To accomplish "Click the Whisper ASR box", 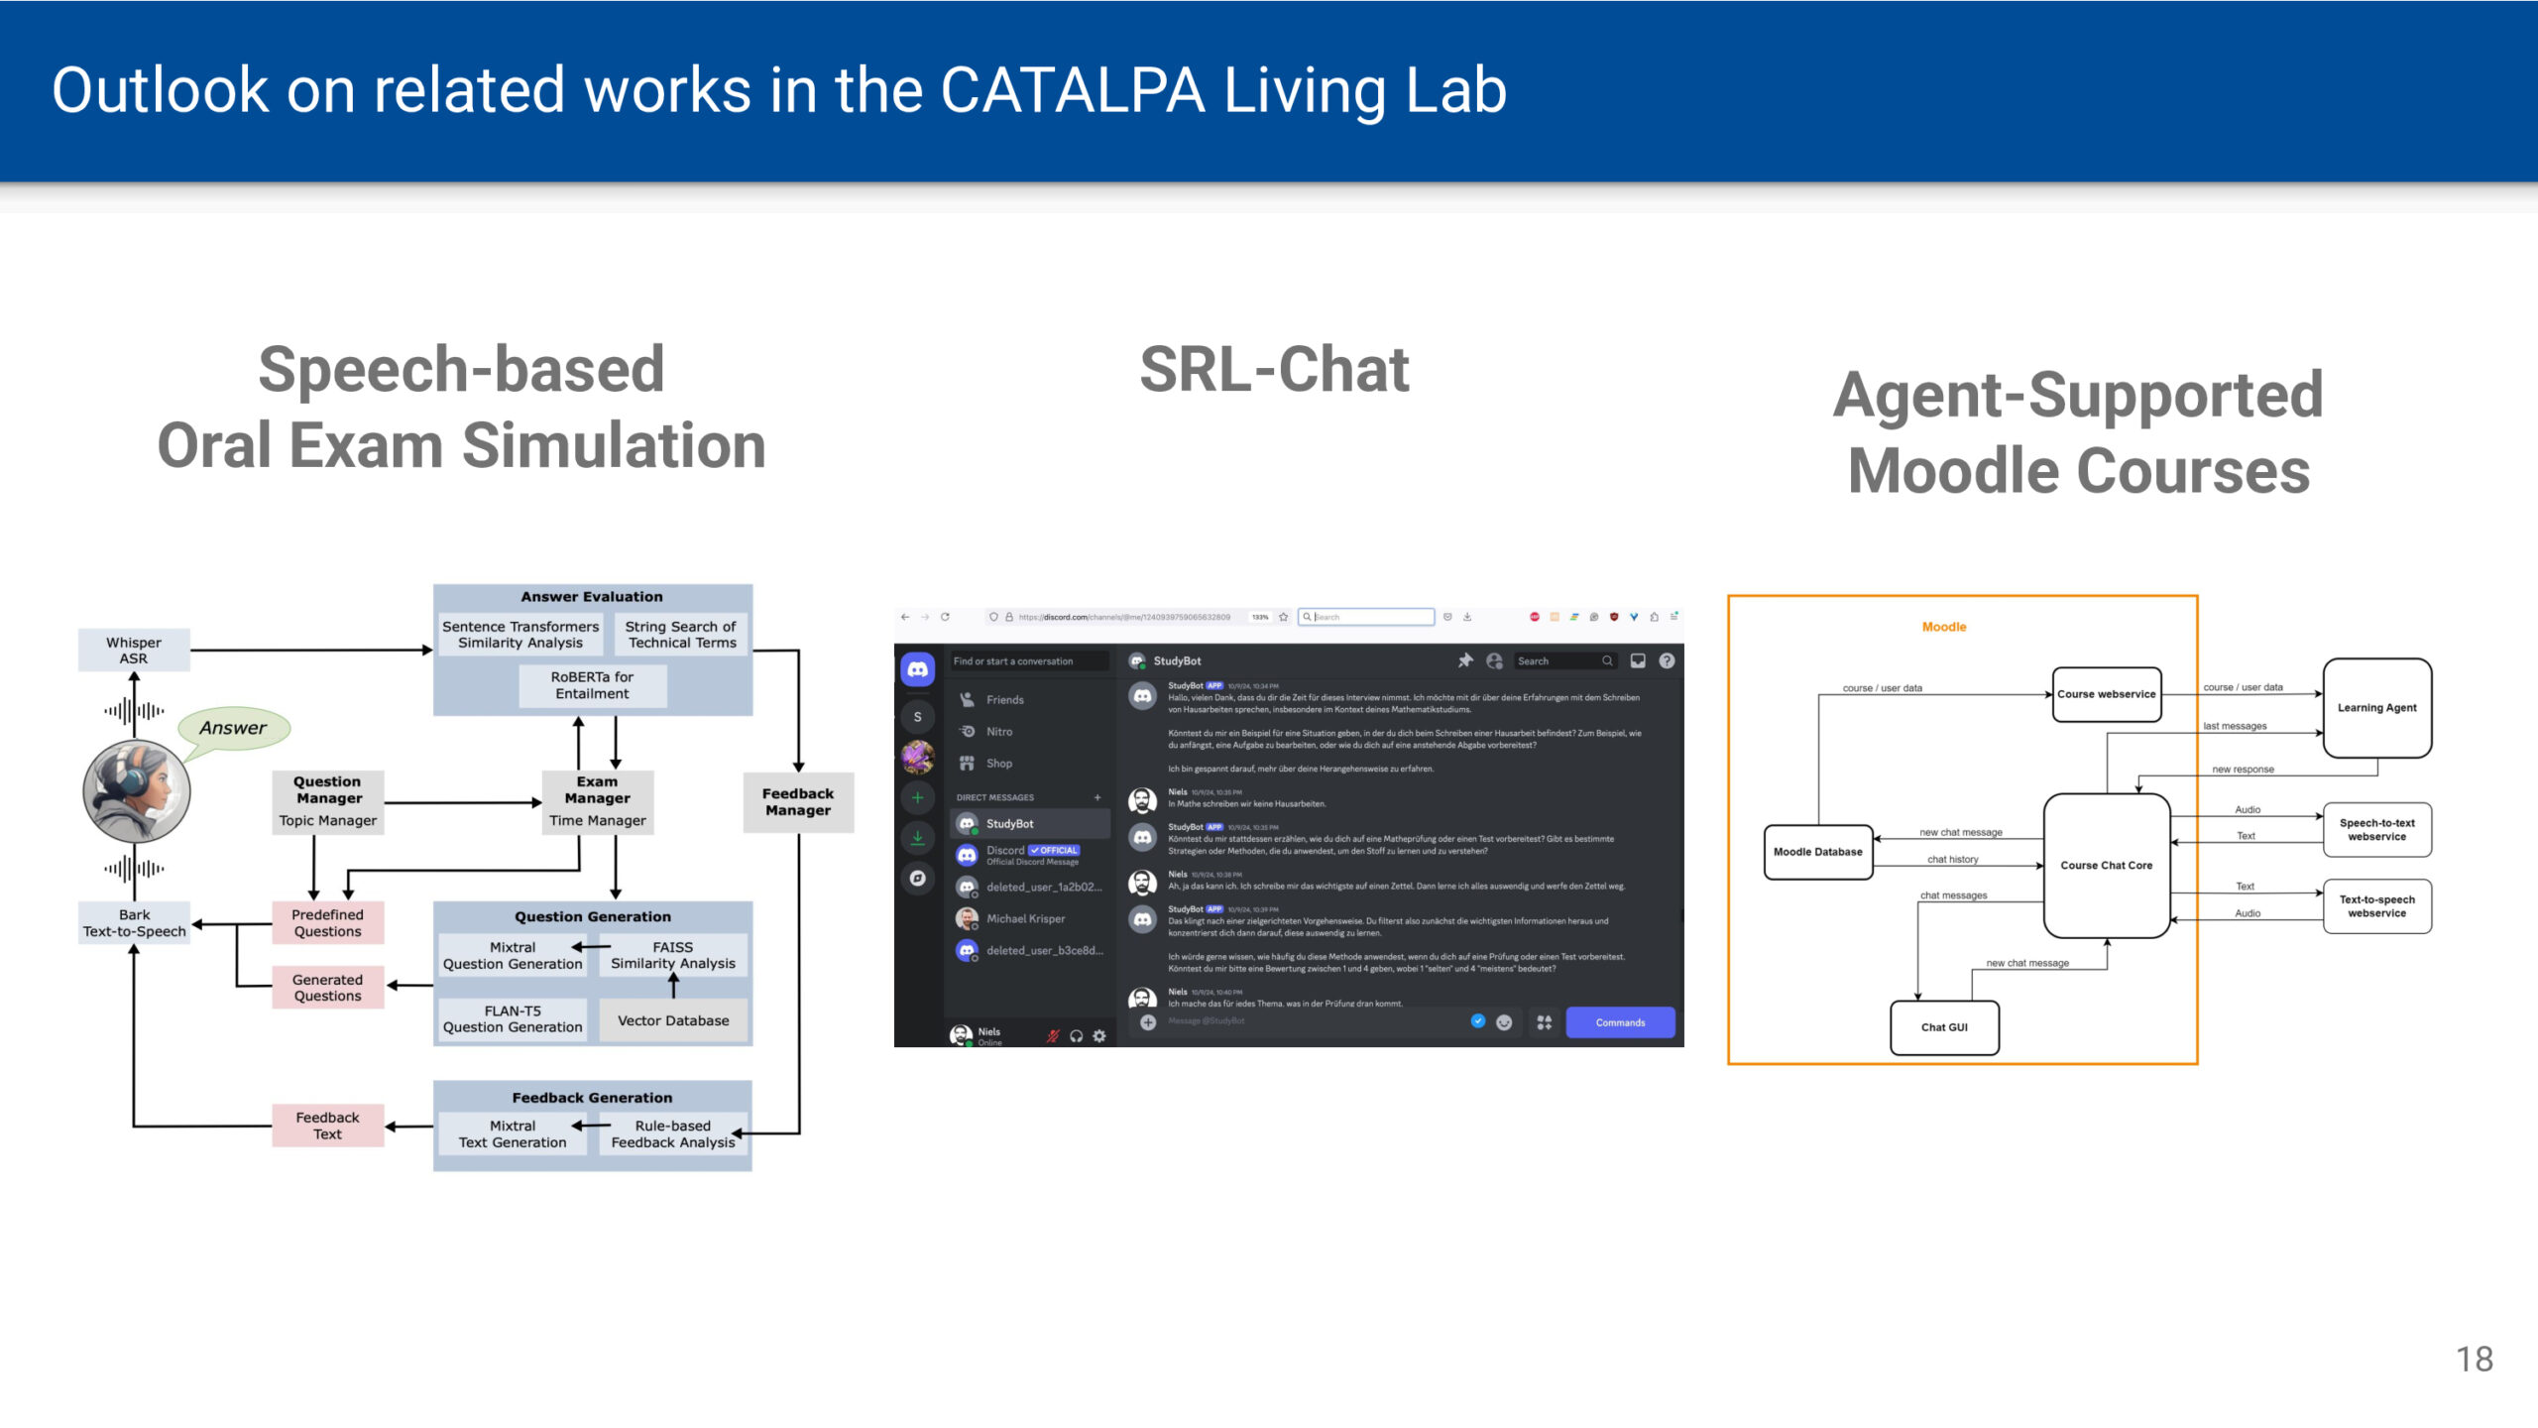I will (x=134, y=651).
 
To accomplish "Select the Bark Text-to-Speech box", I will (x=134, y=923).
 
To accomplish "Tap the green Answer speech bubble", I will (x=234, y=729).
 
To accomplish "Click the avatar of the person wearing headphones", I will (x=137, y=790).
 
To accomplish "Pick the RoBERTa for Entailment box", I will (x=592, y=685).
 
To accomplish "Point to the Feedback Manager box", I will (x=798, y=802).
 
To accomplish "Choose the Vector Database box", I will (x=673, y=1020).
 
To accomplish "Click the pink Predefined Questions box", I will (x=327, y=923).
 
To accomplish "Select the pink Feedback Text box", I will (x=327, y=1126).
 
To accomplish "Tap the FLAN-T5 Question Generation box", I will (x=513, y=1019).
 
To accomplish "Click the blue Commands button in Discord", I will (x=1620, y=1022).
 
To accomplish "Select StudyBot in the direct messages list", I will (x=1009, y=824).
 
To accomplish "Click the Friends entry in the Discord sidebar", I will (x=1004, y=700).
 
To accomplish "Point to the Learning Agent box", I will (x=2376, y=708).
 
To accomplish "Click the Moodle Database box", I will (x=1817, y=852).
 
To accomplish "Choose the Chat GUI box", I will (x=1944, y=1027).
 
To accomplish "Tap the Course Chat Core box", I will (x=2106, y=866).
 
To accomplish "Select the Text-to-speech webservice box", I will (x=2376, y=906).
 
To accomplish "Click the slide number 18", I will (x=2475, y=1360).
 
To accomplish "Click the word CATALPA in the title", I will (x=1072, y=91).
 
